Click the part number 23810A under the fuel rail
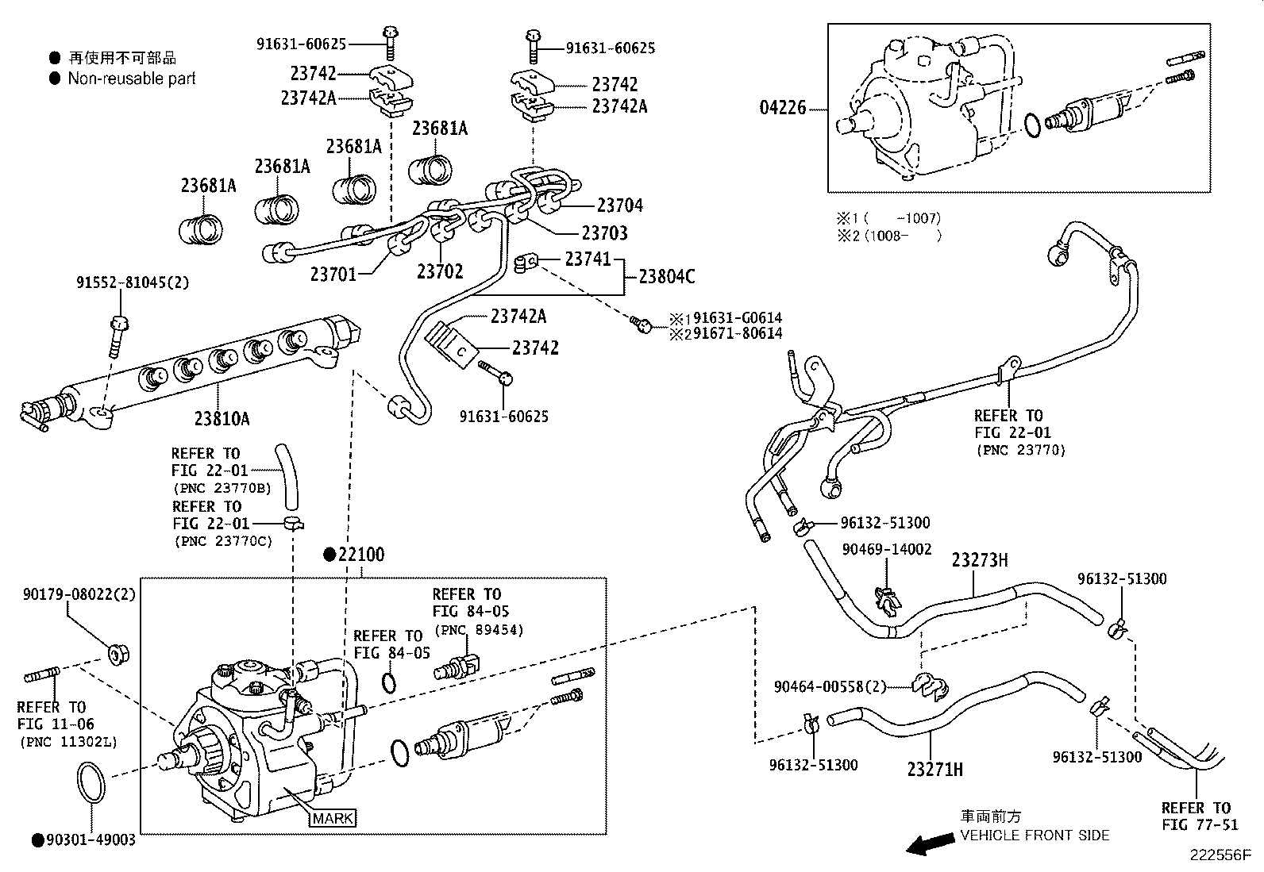click(222, 417)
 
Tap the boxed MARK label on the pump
click(333, 818)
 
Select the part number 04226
click(783, 107)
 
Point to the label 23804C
click(667, 276)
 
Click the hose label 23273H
click(980, 561)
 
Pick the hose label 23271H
click(935, 768)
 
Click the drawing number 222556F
click(1220, 856)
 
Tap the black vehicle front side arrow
click(930, 845)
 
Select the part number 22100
click(360, 555)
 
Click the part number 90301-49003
click(91, 839)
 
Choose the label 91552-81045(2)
click(133, 282)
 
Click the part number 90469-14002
click(887, 548)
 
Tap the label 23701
click(333, 274)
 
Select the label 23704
click(619, 206)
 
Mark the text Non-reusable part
click(131, 79)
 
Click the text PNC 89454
click(479, 630)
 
